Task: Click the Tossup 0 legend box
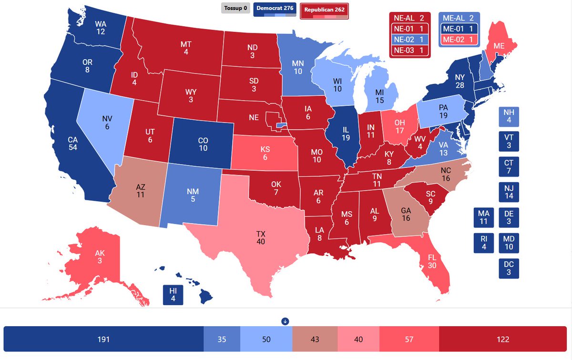[235, 8]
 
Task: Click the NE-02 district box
[409, 40]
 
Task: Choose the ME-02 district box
[459, 40]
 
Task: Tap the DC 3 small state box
[509, 268]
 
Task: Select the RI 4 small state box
[484, 243]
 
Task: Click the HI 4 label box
[173, 295]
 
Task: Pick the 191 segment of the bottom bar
[103, 339]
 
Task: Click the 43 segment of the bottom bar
[315, 339]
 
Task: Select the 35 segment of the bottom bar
[222, 339]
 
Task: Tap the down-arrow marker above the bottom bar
[286, 321]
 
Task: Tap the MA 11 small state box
[484, 217]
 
